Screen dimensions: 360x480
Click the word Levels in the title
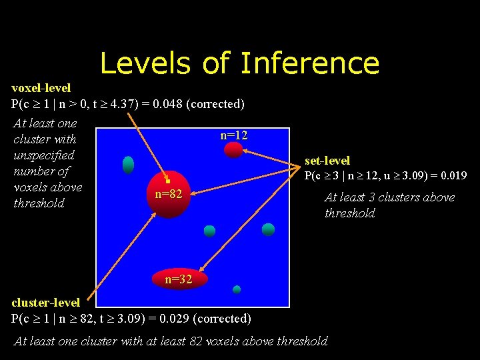(144, 63)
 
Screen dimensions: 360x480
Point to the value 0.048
(167, 104)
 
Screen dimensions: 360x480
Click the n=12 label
(234, 135)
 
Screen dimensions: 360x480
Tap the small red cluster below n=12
(233, 150)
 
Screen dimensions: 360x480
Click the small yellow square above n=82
(169, 181)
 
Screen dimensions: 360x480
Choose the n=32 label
(179, 280)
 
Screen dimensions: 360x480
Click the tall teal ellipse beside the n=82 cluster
(128, 165)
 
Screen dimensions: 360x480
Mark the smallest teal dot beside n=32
(237, 289)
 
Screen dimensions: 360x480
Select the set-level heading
(327, 161)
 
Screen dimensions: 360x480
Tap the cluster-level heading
(45, 303)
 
